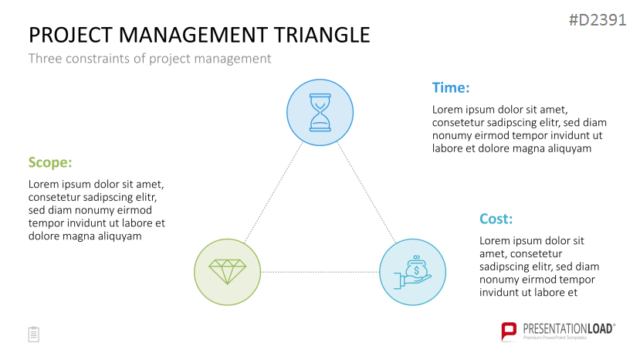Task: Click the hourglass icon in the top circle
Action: [320, 112]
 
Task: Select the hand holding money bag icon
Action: [413, 272]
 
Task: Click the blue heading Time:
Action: [451, 87]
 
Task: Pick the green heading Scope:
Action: [50, 163]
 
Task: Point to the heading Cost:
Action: [496, 219]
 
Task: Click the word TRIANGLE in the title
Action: [322, 35]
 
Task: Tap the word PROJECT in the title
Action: [71, 35]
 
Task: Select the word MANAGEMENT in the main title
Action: [194, 35]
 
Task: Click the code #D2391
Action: [598, 19]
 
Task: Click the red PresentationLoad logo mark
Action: [509, 331]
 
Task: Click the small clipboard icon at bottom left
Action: [34, 335]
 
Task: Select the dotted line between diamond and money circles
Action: [320, 272]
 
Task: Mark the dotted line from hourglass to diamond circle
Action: [273, 193]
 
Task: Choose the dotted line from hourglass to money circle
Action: [367, 192]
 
